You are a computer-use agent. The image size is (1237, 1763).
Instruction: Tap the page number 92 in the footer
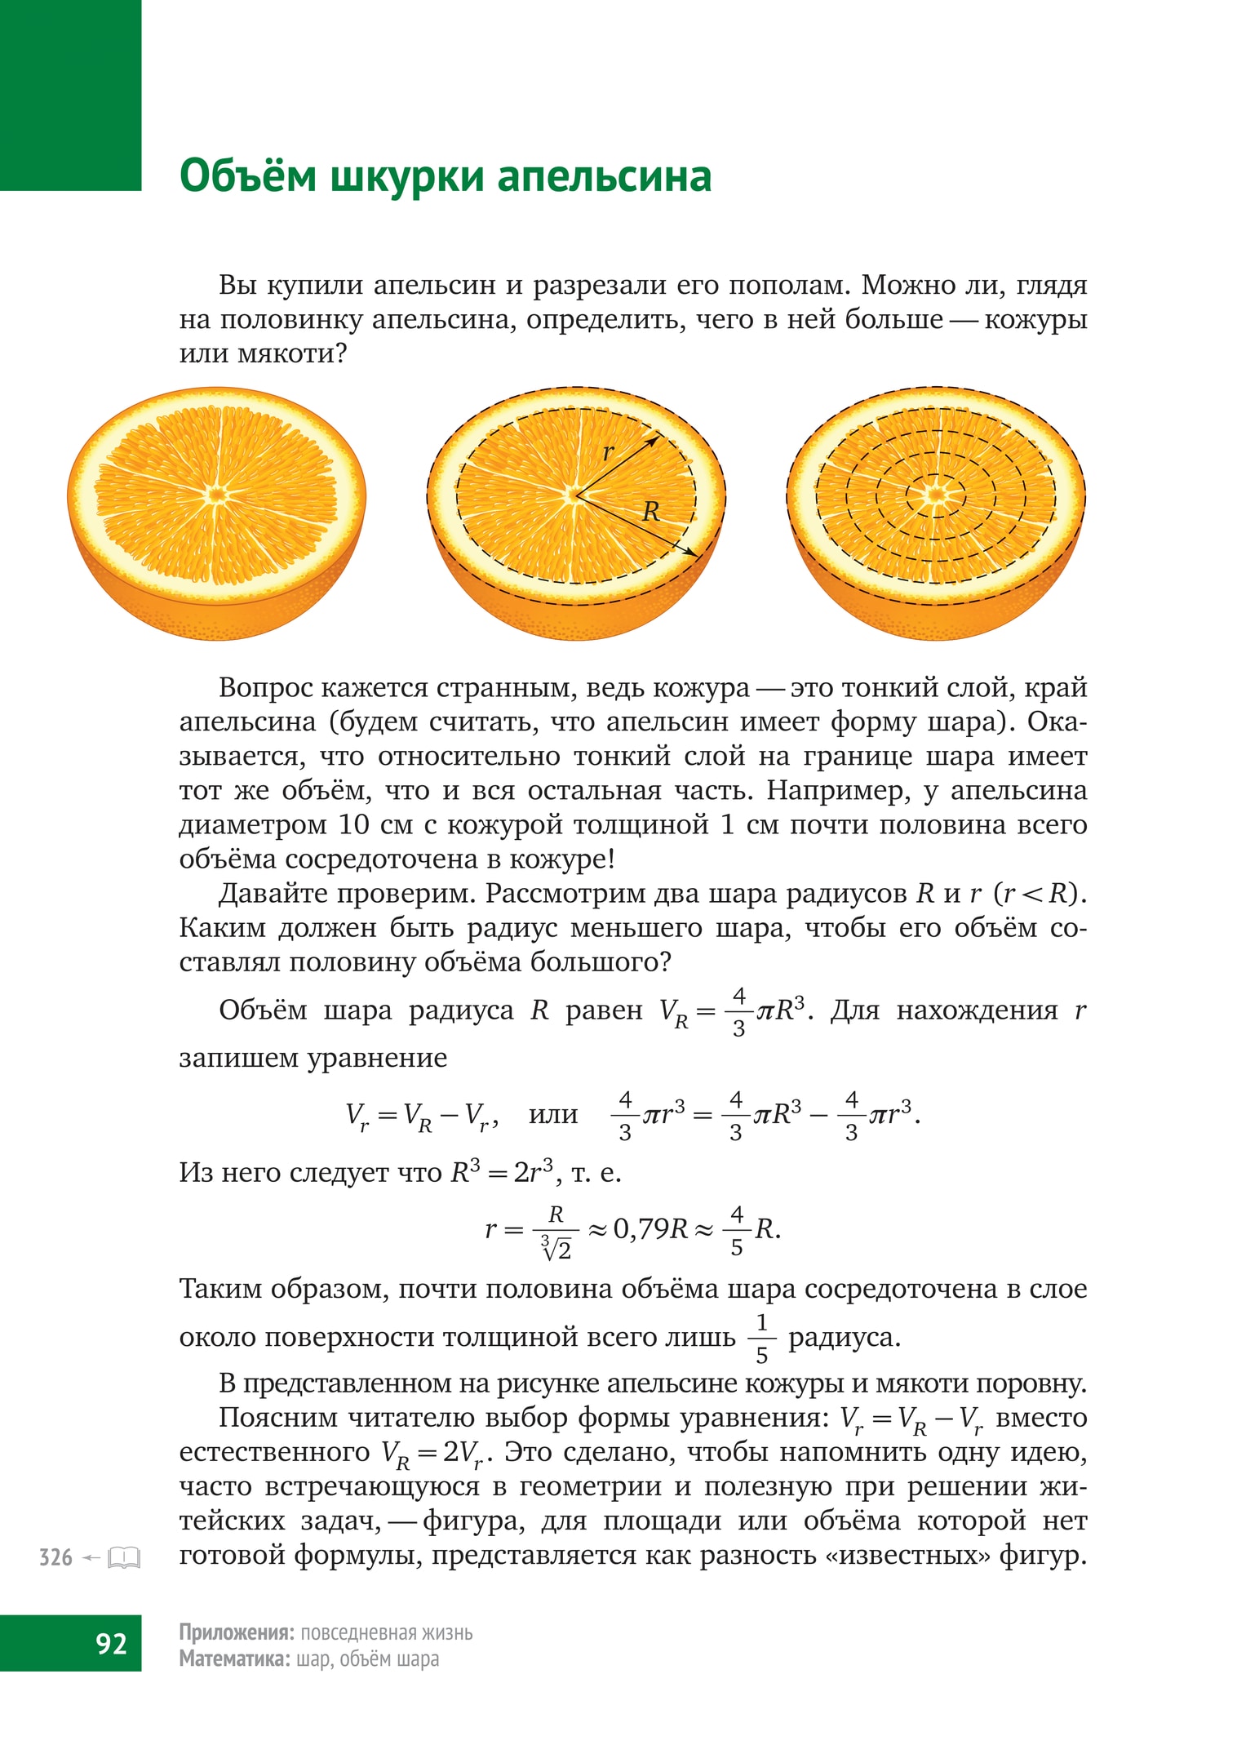[111, 1642]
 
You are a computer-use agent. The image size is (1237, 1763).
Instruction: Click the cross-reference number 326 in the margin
[55, 1557]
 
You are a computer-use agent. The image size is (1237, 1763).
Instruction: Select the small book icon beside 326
[124, 1557]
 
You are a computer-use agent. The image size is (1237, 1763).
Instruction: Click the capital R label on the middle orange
[650, 512]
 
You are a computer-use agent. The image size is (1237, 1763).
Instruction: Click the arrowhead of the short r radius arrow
[654, 439]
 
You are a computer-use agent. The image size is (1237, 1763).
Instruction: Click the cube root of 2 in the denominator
[556, 1248]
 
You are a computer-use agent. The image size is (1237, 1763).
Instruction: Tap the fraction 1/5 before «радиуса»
[761, 1339]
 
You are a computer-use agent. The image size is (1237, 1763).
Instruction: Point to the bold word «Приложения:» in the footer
[236, 1632]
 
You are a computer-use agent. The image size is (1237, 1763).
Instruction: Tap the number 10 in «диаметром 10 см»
[353, 824]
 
